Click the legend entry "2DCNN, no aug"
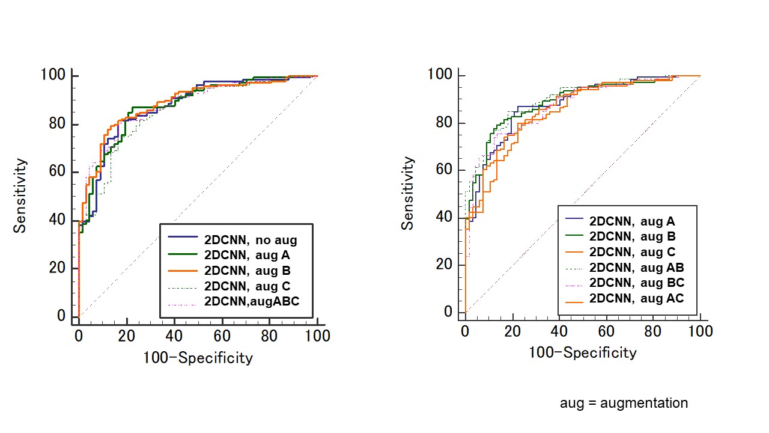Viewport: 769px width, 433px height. click(x=251, y=240)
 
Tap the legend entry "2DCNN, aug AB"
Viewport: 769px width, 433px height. click(x=637, y=268)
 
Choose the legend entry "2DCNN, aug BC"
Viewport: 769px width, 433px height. click(x=637, y=283)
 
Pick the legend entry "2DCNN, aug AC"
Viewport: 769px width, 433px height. click(x=637, y=298)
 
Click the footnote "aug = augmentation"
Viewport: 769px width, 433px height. click(x=624, y=403)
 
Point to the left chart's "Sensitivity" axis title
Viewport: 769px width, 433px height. click(x=20, y=195)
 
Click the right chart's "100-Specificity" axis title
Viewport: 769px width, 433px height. click(x=582, y=352)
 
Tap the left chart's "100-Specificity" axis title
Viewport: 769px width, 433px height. click(x=198, y=358)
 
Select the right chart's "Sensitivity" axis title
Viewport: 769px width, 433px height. click(x=408, y=193)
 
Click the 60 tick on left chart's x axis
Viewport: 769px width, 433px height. click(x=222, y=336)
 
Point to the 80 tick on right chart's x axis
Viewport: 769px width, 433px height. click(x=653, y=331)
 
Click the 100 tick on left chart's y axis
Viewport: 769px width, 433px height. click(x=53, y=76)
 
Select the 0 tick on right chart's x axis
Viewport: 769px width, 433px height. click(x=465, y=331)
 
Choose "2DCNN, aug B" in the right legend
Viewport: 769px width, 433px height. click(x=633, y=236)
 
